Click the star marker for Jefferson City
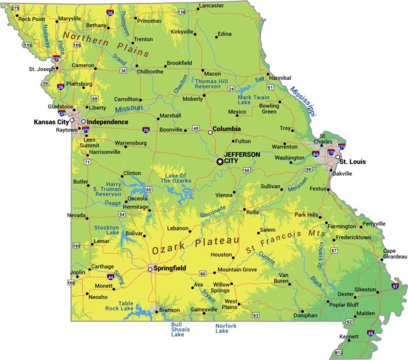click(220, 161)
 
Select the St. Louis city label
click(353, 161)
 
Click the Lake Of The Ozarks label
click(175, 178)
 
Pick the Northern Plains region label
click(106, 44)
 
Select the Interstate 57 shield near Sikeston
click(396, 287)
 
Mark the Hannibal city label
click(280, 77)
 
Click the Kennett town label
click(350, 337)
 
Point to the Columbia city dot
click(210, 132)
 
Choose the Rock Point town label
click(31, 19)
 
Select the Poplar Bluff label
click(345, 304)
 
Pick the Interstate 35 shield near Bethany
click(110, 12)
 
